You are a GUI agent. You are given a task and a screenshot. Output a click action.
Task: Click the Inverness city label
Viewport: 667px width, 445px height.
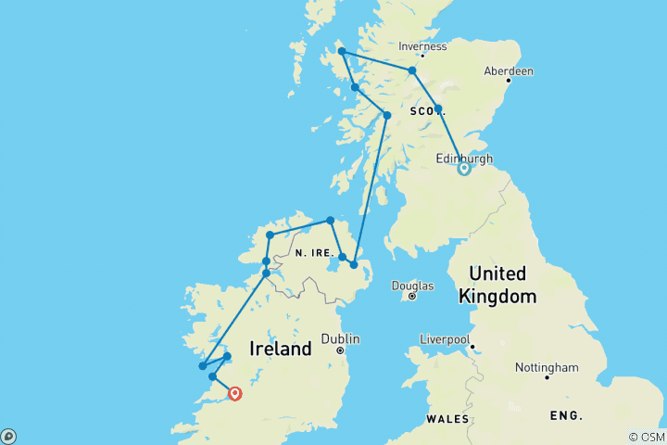click(422, 46)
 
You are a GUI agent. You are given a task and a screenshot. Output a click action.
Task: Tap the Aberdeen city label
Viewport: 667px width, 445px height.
click(508, 70)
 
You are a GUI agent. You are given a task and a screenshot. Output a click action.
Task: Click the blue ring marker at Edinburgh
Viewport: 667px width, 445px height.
click(464, 169)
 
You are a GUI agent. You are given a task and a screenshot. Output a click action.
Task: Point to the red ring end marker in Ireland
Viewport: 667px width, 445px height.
click(235, 394)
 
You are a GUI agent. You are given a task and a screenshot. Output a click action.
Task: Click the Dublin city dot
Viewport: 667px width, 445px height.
click(341, 351)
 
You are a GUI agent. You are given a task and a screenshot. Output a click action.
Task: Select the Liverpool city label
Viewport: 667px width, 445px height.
click(446, 338)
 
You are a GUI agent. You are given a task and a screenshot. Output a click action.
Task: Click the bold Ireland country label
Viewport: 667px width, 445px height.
click(281, 350)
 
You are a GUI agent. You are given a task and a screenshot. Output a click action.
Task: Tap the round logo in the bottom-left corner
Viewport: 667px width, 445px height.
click(8, 436)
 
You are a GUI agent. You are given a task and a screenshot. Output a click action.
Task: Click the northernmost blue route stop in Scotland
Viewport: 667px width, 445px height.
click(341, 52)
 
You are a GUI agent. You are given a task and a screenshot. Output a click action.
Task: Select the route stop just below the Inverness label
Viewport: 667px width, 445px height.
click(412, 70)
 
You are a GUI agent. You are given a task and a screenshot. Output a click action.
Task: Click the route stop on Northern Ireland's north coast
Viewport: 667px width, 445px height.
click(330, 221)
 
